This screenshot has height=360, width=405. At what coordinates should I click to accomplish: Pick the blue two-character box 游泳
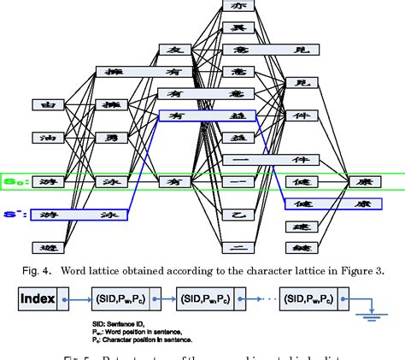(x=79, y=215)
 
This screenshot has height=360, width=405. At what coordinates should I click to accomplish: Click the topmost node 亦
(x=237, y=6)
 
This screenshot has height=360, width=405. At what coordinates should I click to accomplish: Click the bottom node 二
(x=237, y=248)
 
